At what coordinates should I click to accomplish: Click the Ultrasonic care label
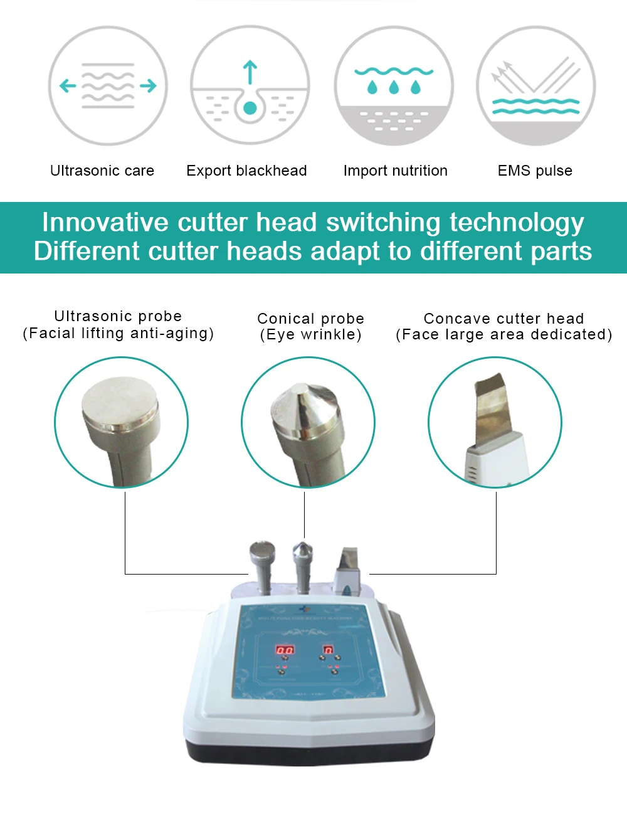[102, 171]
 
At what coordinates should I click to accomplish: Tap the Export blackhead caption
[246, 171]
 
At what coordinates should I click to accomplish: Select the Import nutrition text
[395, 171]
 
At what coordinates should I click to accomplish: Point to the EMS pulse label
[535, 171]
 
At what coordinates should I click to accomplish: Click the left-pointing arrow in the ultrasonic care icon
[67, 85]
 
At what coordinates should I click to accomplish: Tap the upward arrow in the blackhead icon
[250, 70]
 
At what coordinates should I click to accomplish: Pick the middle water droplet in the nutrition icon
[394, 87]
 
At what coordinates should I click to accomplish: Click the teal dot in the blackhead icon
[250, 108]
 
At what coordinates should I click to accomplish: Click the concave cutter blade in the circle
[491, 408]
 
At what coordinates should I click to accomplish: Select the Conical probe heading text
[310, 319]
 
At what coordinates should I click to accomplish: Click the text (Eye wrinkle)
[310, 334]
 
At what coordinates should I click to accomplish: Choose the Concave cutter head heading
[503, 319]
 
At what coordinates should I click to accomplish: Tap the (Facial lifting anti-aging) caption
[119, 333]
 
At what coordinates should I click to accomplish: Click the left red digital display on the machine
[285, 650]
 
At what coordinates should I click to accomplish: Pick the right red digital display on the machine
[327, 650]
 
